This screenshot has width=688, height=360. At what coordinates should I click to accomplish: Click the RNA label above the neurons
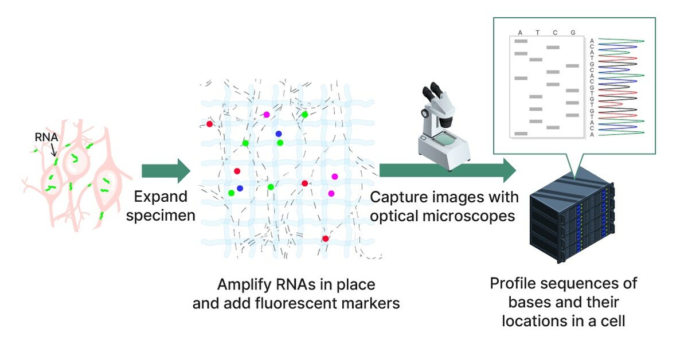(45, 138)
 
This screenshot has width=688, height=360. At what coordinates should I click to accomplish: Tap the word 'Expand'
(161, 197)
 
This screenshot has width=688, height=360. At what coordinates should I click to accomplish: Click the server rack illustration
(570, 221)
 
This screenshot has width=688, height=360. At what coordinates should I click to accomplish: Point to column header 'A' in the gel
(520, 33)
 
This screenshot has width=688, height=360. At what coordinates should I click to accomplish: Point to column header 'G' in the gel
(573, 33)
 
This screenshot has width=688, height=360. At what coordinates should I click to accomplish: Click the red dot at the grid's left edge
(210, 124)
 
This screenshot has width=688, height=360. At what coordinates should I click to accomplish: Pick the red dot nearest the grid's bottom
(325, 238)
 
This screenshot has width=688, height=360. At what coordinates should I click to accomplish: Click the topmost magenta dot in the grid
(267, 115)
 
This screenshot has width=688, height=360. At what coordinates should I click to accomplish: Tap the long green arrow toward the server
(447, 170)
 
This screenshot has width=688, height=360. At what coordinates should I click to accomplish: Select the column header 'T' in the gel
(538, 33)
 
